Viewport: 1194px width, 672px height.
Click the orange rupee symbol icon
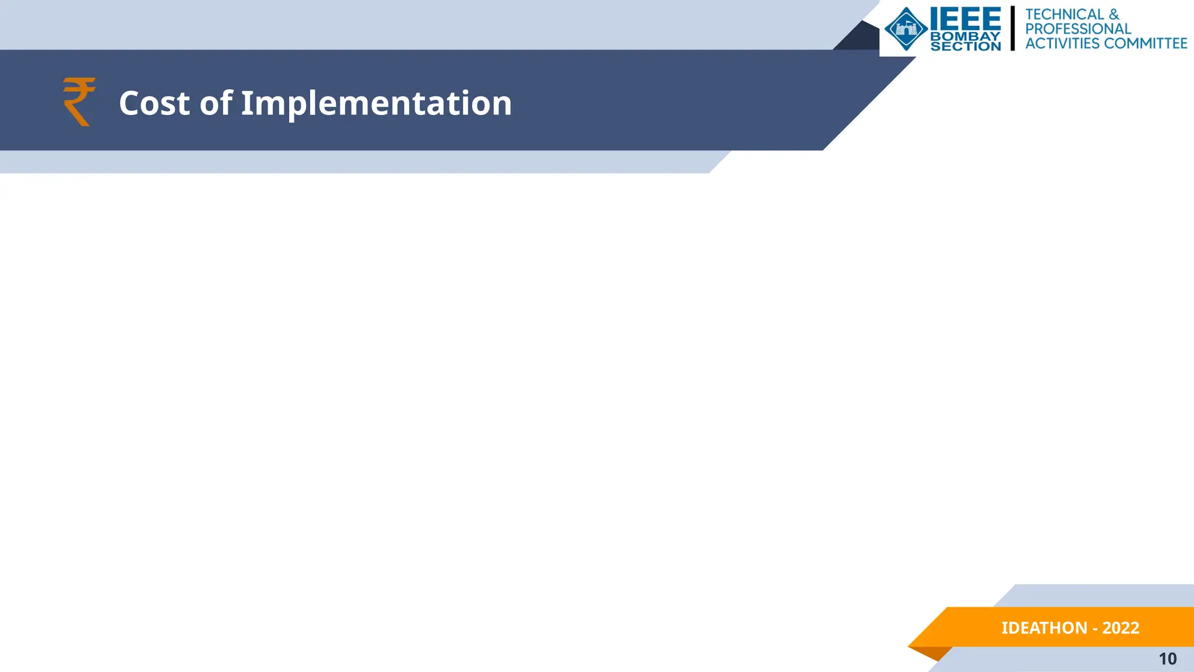click(x=79, y=101)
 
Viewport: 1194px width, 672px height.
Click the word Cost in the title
click(x=154, y=103)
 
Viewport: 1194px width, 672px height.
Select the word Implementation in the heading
click(x=376, y=103)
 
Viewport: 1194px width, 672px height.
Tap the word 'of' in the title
click(x=216, y=103)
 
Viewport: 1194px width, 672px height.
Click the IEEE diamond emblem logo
click(x=906, y=29)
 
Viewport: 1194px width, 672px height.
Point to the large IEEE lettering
click(x=965, y=19)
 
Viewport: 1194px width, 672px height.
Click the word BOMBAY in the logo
click(x=965, y=36)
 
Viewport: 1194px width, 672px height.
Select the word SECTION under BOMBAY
click(x=965, y=46)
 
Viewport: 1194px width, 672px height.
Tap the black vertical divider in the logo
click(x=1013, y=28)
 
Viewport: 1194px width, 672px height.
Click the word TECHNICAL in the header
click(x=1065, y=14)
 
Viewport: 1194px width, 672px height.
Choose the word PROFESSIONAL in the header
click(x=1078, y=29)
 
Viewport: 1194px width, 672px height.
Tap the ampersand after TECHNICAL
click(x=1114, y=14)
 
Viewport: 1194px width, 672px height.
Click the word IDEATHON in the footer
click(x=1044, y=628)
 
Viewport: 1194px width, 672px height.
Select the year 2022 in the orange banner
click(x=1121, y=628)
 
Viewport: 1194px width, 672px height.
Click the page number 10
click(x=1167, y=659)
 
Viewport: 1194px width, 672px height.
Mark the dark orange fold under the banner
click(x=933, y=653)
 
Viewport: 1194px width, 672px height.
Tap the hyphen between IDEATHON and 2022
click(x=1095, y=629)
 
